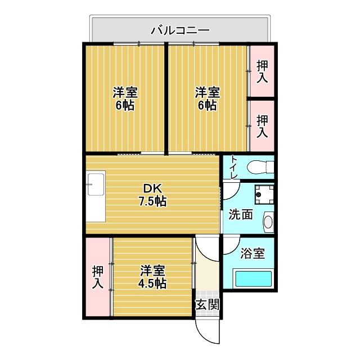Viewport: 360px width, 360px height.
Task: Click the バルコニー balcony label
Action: pyautogui.click(x=180, y=29)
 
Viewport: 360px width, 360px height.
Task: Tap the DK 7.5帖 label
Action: pyautogui.click(x=152, y=194)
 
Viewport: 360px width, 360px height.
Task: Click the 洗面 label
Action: pyautogui.click(x=240, y=214)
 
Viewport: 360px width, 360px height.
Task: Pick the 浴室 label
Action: pyautogui.click(x=252, y=253)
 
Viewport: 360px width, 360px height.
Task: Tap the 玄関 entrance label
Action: pyautogui.click(x=206, y=305)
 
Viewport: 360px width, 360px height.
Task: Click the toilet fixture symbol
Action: pyautogui.click(x=262, y=167)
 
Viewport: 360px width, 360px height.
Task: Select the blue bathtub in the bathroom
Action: pyautogui.click(x=253, y=279)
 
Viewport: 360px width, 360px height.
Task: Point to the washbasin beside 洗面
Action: pyautogui.click(x=268, y=220)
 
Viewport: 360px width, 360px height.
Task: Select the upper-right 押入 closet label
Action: pyautogui.click(x=262, y=71)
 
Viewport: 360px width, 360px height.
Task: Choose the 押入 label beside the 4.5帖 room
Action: pyautogui.click(x=98, y=277)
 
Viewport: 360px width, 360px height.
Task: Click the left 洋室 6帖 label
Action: pyautogui.click(x=125, y=98)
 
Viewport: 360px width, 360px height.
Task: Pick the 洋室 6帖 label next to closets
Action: pyautogui.click(x=207, y=98)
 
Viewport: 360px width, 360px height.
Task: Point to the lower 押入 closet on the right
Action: pyautogui.click(x=262, y=125)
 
